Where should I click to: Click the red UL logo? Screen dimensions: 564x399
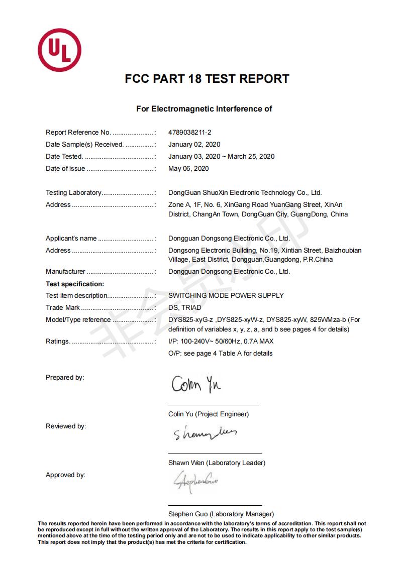tap(59, 50)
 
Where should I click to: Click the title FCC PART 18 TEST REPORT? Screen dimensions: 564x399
tap(207, 79)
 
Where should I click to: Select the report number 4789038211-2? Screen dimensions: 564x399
tap(189, 133)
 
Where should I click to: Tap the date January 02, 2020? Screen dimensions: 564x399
tap(194, 145)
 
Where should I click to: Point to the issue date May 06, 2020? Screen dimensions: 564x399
tap(188, 169)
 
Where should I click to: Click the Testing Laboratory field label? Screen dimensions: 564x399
tap(73, 193)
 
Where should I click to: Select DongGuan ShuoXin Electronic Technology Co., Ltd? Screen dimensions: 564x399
tap(245, 193)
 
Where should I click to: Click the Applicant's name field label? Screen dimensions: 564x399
tap(71, 239)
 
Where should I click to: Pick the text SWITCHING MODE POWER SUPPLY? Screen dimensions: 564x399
tap(226, 296)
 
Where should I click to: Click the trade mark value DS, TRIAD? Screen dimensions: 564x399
tap(184, 308)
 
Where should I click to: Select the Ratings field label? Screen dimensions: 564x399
tap(58, 342)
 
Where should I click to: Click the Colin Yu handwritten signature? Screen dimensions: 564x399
tap(196, 385)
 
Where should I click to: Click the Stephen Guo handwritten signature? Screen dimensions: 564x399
tap(195, 482)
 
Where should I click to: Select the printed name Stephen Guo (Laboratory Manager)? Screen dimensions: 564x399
tap(221, 514)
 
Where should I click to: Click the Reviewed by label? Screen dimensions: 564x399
tap(66, 426)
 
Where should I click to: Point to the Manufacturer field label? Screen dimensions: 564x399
tap(65, 272)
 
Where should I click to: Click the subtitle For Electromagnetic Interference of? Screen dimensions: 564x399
tap(204, 109)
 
